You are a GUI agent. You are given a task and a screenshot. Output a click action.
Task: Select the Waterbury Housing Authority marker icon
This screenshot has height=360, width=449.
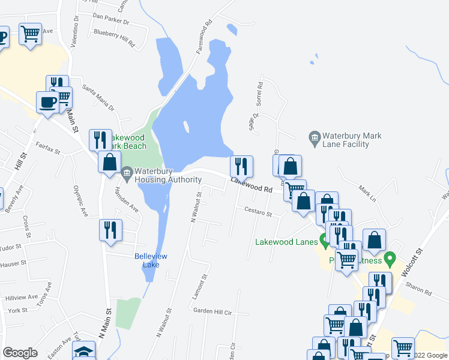pyautogui.click(x=126, y=175)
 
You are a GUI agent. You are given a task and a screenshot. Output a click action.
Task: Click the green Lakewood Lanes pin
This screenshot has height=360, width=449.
pyautogui.click(x=325, y=242)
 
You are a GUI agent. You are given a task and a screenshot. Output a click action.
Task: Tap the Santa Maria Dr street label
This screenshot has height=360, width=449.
pyautogui.click(x=98, y=98)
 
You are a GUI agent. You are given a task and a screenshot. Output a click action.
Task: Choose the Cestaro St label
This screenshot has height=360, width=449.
pyautogui.click(x=258, y=211)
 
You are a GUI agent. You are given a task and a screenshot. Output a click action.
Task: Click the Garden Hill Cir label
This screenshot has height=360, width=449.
pyautogui.click(x=212, y=312)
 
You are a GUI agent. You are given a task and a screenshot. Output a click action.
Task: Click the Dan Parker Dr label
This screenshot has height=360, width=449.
pyautogui.click(x=112, y=20)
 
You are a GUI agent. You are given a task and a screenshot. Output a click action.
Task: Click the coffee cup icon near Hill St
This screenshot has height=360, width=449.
pyautogui.click(x=47, y=101)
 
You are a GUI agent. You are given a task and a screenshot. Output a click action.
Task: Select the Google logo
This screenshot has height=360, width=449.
pyautogui.click(x=20, y=353)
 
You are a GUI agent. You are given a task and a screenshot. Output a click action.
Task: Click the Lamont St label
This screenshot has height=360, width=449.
pyautogui.click(x=202, y=287)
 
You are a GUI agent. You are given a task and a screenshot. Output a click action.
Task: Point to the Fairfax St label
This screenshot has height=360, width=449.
pyautogui.click(x=47, y=148)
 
